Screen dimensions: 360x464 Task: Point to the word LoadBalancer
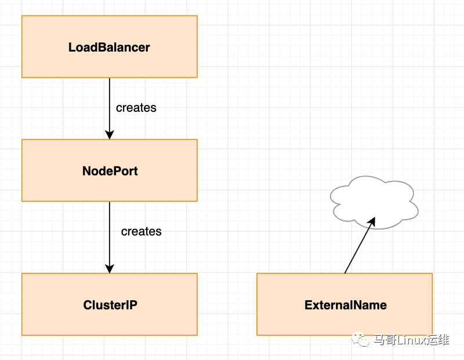(x=109, y=48)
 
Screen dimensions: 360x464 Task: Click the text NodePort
(x=110, y=171)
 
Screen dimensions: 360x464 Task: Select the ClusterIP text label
(x=110, y=305)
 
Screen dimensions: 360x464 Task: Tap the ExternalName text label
(x=346, y=305)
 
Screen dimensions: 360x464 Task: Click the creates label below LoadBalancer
(x=136, y=108)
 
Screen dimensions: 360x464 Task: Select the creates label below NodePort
(x=141, y=231)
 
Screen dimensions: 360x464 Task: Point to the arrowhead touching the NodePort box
(x=109, y=134)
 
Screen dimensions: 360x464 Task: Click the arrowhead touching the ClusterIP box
(x=109, y=268)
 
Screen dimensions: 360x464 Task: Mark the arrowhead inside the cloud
(x=372, y=222)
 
